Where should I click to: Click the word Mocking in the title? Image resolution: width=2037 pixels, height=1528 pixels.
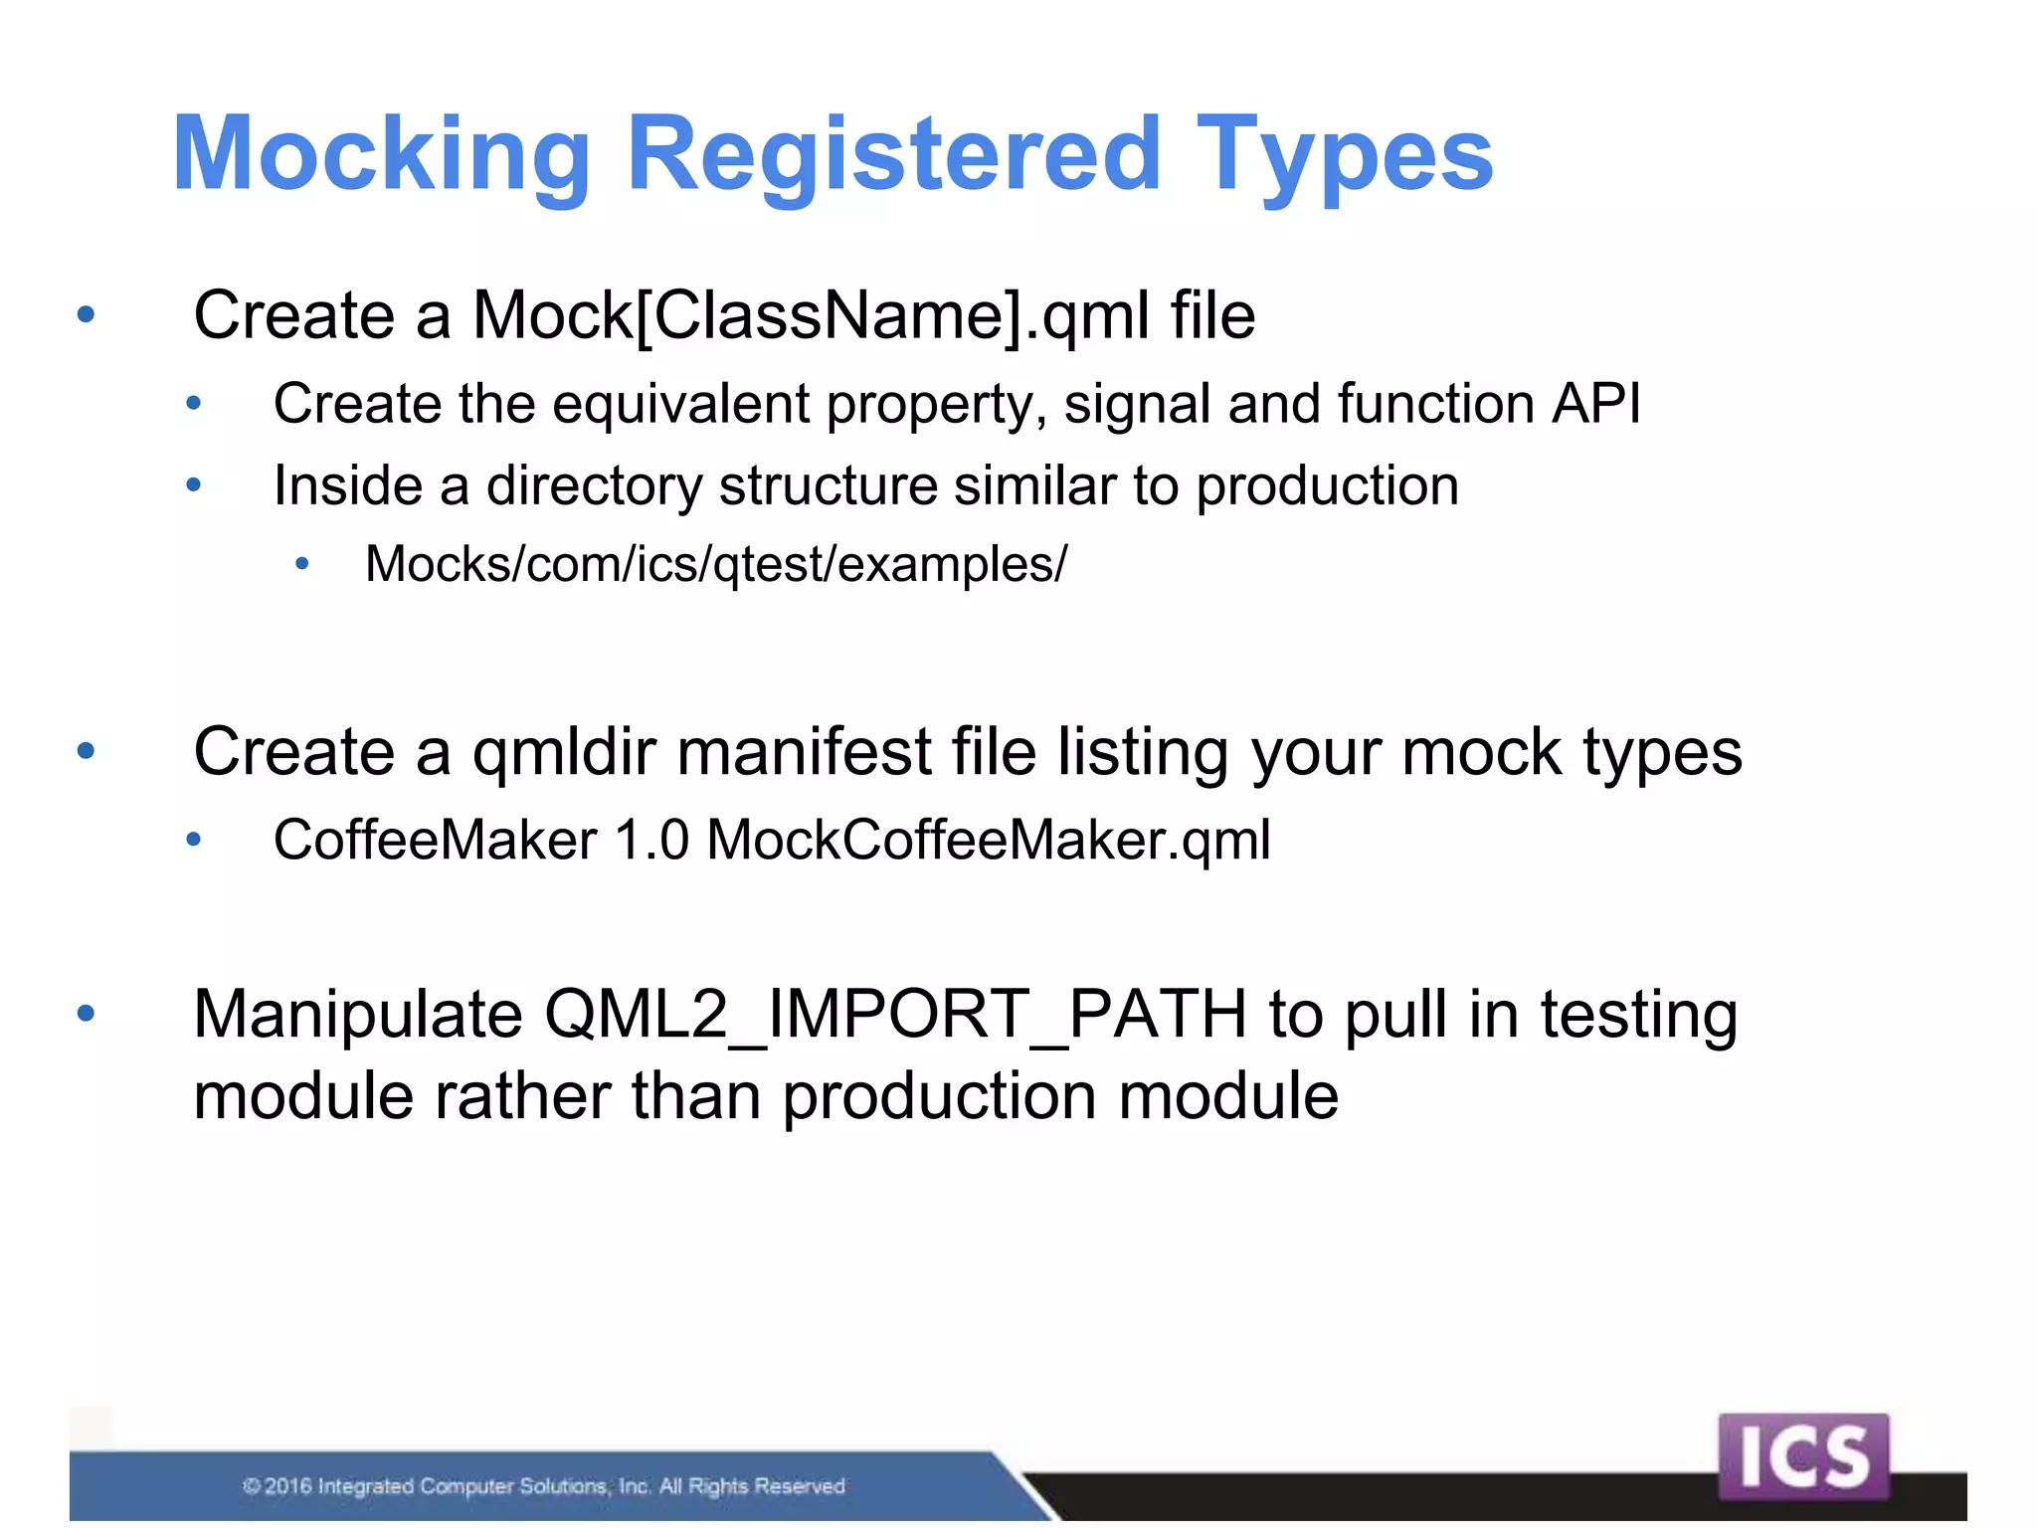382,154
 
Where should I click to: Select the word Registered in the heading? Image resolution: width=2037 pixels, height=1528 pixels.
893,154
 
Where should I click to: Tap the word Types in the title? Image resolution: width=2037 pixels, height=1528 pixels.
1344,154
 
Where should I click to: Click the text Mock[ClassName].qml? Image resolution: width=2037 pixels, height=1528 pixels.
810,316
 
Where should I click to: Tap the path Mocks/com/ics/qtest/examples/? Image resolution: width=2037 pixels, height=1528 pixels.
716,564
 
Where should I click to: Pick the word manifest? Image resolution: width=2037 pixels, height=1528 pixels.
804,751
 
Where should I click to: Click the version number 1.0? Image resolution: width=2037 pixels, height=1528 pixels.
651,840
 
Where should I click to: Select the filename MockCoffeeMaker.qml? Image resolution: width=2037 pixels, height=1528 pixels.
989,840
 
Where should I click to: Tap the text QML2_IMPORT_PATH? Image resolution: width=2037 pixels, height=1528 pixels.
895,1015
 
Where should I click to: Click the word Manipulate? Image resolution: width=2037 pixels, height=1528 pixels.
358,1015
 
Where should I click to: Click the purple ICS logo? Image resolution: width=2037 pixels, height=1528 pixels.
1802,1456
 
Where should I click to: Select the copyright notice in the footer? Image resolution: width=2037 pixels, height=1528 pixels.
544,1486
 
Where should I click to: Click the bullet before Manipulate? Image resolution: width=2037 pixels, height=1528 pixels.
87,1014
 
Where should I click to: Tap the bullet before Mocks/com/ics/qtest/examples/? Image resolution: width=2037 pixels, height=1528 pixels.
302,565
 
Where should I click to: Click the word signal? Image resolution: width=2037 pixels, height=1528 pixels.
1136,404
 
